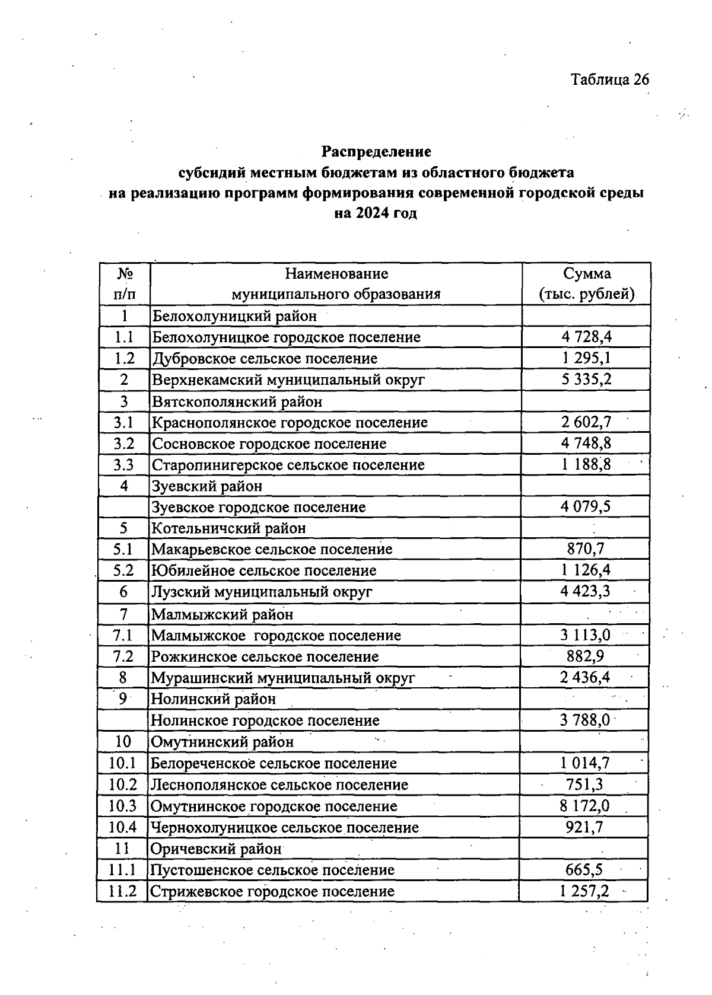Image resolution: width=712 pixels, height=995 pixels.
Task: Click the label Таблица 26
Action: [609, 79]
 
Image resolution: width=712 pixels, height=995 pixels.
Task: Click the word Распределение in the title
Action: [376, 152]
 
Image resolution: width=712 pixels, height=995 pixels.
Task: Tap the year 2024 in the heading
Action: [372, 213]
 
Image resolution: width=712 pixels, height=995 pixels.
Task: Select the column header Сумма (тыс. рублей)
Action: [586, 284]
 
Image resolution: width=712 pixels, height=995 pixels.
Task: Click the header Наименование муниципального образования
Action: [336, 284]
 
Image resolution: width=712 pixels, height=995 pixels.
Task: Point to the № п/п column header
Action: [125, 284]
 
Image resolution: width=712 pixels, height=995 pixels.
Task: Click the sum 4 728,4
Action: [586, 337]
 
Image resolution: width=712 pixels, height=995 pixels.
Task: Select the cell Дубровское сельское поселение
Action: [265, 359]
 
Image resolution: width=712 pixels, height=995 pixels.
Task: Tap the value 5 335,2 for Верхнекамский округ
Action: [586, 379]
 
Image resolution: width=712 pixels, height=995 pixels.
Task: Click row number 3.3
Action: [124, 465]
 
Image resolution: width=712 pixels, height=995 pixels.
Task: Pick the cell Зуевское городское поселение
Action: [259, 508]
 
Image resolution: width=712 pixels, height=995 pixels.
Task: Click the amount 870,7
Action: [585, 549]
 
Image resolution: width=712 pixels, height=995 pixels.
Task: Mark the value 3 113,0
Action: [584, 635]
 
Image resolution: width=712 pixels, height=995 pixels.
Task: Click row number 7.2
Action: [123, 656]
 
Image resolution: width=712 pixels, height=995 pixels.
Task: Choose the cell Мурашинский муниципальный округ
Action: [283, 678]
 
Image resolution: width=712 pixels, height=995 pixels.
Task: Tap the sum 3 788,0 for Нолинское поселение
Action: [584, 720]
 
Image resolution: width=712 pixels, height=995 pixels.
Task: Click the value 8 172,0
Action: [584, 806]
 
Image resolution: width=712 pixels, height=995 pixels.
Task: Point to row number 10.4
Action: [123, 827]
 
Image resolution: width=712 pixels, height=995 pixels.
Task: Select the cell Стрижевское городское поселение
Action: [272, 891]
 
